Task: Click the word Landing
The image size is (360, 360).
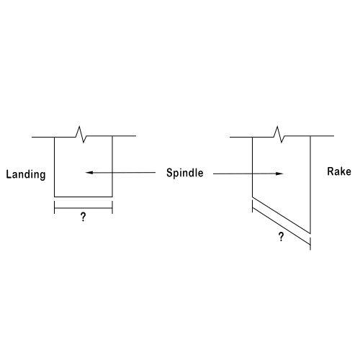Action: click(26, 174)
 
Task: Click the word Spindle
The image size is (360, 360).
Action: click(185, 173)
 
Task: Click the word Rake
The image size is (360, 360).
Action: click(339, 171)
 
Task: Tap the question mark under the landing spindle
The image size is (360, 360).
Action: click(83, 217)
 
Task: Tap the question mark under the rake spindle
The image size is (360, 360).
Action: click(281, 237)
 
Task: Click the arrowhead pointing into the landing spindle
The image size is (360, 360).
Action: click(89, 173)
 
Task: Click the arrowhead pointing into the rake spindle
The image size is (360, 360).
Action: click(280, 174)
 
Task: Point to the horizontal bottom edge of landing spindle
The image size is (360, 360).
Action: click(84, 197)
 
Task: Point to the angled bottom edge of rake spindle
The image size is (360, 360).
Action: click(282, 215)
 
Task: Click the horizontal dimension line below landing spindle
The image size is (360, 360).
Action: click(84, 208)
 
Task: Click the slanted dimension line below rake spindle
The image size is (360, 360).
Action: click(282, 226)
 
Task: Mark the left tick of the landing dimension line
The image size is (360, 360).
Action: click(55, 207)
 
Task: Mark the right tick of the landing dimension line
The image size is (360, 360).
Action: click(112, 207)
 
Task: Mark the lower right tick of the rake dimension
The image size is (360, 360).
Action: click(310, 244)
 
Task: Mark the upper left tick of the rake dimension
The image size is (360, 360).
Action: click(252, 207)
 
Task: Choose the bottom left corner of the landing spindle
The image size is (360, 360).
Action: click(55, 197)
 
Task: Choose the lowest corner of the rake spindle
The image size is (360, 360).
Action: click(310, 233)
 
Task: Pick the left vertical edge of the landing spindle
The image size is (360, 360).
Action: click(55, 167)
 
